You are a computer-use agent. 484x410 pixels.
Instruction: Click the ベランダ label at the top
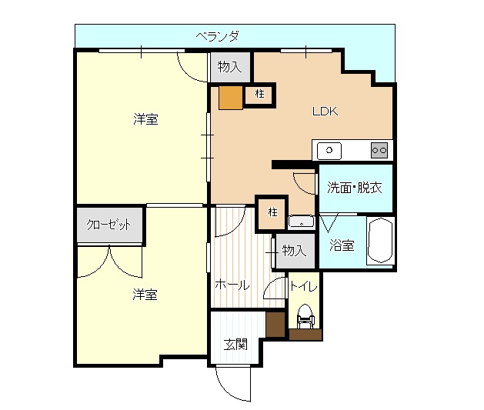coord(218,35)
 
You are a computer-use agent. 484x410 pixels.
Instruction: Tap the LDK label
coord(325,111)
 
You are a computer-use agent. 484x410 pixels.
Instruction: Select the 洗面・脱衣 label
coord(355,187)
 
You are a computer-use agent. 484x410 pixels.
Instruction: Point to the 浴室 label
coord(342,246)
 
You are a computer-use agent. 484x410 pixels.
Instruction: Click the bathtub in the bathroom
coord(380,242)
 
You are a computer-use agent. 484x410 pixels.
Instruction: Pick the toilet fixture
coord(305,317)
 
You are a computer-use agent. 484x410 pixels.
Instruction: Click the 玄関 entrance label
coord(235,344)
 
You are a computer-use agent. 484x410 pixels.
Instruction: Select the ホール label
coord(232,285)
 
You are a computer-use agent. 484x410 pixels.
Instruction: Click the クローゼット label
coord(108,225)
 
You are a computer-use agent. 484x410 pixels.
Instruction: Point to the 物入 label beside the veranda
coord(229,67)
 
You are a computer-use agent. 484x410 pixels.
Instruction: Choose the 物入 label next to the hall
coord(294,250)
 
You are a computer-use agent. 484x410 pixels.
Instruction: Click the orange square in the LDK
coord(230,97)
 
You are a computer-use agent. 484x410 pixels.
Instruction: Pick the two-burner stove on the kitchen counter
coord(379,150)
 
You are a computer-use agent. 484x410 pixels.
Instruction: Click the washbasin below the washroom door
coord(302,222)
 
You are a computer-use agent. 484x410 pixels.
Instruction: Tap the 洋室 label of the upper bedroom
coord(145,119)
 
